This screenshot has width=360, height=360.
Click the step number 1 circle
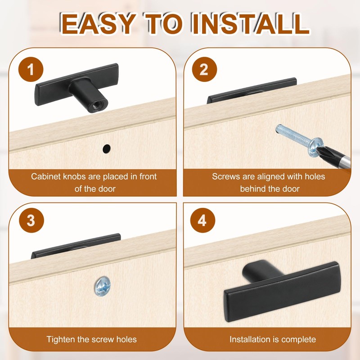(x=31, y=69)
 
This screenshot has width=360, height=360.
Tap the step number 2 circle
(x=204, y=69)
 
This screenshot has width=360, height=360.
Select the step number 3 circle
(x=31, y=220)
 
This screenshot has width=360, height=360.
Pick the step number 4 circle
(x=202, y=220)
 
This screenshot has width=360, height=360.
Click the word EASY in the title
(x=98, y=24)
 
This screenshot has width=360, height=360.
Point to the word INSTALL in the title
(x=251, y=24)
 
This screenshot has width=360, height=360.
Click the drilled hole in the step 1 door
(x=107, y=149)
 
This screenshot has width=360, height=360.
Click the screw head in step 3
(x=103, y=286)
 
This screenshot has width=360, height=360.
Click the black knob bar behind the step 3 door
(x=76, y=246)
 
